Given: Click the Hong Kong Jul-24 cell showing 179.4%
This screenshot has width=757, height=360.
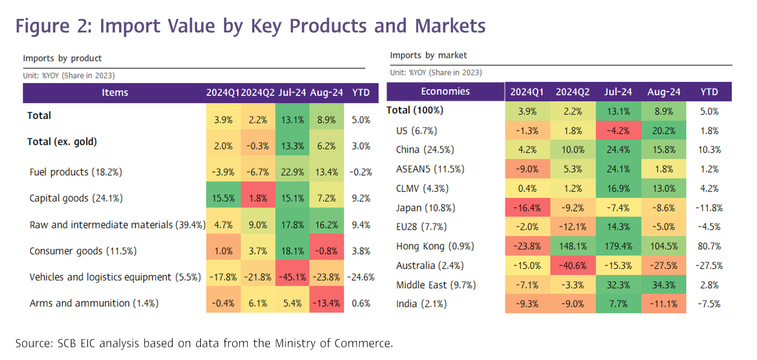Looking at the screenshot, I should pos(618,246).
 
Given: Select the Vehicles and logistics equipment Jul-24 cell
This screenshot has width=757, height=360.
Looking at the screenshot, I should pos(292,277).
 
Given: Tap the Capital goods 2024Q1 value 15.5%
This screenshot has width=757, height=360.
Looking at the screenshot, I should pos(223,198).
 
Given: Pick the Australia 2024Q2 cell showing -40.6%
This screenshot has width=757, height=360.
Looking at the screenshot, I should pos(573,265).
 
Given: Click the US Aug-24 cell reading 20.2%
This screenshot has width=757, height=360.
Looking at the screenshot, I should pos(663,131).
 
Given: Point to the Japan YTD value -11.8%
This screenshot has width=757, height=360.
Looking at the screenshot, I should pos(709,208).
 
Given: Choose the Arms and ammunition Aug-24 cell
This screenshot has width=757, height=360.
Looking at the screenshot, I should pos(327,303).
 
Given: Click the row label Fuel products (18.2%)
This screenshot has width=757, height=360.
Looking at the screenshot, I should pos(76,172).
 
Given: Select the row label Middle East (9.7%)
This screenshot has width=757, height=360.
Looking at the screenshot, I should pos(436,285).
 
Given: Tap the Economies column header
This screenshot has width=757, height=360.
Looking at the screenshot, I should pos(445,91).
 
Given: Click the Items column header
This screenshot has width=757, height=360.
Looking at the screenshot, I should pos(115,93).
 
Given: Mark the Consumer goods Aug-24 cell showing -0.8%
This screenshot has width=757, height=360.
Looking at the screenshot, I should pos(327,251).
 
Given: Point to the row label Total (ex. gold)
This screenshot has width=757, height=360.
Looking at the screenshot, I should pos(62,142).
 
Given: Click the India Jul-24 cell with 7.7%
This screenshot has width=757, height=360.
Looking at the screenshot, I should pos(618,304).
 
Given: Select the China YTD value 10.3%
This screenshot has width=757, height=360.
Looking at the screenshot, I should pos(709,150).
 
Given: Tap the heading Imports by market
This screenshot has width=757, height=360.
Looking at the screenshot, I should pos(428,55).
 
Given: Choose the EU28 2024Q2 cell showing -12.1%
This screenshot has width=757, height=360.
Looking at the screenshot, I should pos(573,227).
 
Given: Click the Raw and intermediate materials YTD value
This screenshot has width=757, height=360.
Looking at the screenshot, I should pos(361,225).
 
